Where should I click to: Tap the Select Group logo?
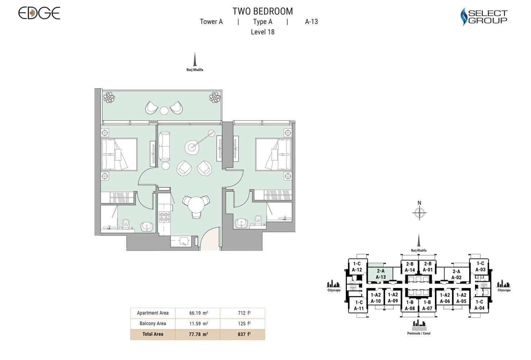click(484, 16)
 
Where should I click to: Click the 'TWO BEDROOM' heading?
click(262, 11)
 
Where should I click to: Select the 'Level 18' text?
click(263, 32)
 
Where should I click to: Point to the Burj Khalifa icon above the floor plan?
click(195, 59)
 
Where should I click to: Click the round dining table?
click(196, 204)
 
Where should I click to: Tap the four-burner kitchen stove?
click(164, 216)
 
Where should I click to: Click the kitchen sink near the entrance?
click(184, 242)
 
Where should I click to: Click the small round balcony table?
click(164, 110)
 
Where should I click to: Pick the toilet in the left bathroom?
click(126, 224)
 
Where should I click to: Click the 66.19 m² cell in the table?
click(199, 313)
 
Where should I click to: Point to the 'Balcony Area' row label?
click(153, 324)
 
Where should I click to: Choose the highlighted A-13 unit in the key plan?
click(380, 274)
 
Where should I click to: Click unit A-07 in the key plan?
click(427, 305)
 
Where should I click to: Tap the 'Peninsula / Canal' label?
click(419, 333)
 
